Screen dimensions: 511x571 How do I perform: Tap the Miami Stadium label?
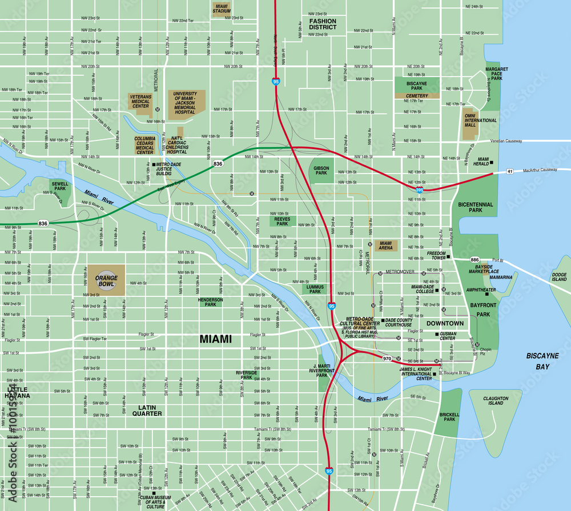[x=221, y=9]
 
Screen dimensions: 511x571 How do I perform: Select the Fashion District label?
[x=323, y=24]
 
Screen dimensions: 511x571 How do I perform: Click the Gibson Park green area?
[x=321, y=171]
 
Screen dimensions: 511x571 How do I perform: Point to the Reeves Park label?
[x=280, y=222]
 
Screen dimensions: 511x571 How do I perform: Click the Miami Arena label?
[x=386, y=246]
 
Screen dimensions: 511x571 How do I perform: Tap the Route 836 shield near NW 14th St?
[x=218, y=164]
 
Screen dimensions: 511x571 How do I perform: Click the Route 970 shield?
[x=387, y=359]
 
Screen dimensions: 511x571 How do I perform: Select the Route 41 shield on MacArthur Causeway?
[x=510, y=171]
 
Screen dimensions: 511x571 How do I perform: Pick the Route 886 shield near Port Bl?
[x=475, y=260]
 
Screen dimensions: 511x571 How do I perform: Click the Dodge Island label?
[x=559, y=277]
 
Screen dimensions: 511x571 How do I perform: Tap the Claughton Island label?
[x=496, y=401]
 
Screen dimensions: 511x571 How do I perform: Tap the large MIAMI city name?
[x=216, y=339]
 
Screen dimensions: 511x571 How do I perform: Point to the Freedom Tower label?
[x=437, y=255]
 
